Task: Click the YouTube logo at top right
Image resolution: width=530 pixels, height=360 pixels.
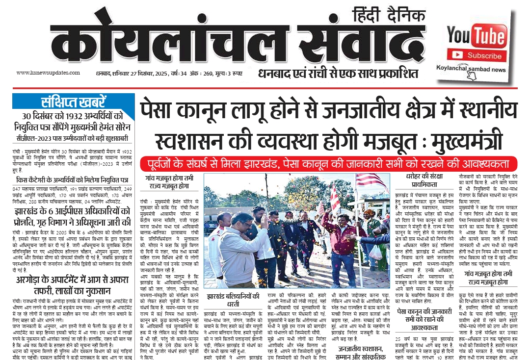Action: (x=477, y=36)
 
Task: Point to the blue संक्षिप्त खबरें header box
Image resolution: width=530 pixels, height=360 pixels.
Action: (x=73, y=103)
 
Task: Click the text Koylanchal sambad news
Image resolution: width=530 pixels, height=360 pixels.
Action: (x=472, y=70)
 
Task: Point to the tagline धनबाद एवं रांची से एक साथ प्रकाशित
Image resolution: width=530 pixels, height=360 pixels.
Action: (x=339, y=74)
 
